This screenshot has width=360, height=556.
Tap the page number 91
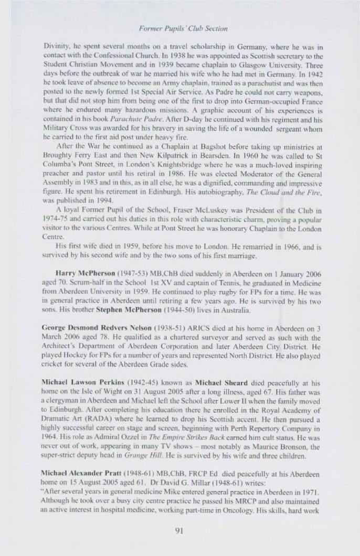click(x=179, y=531)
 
